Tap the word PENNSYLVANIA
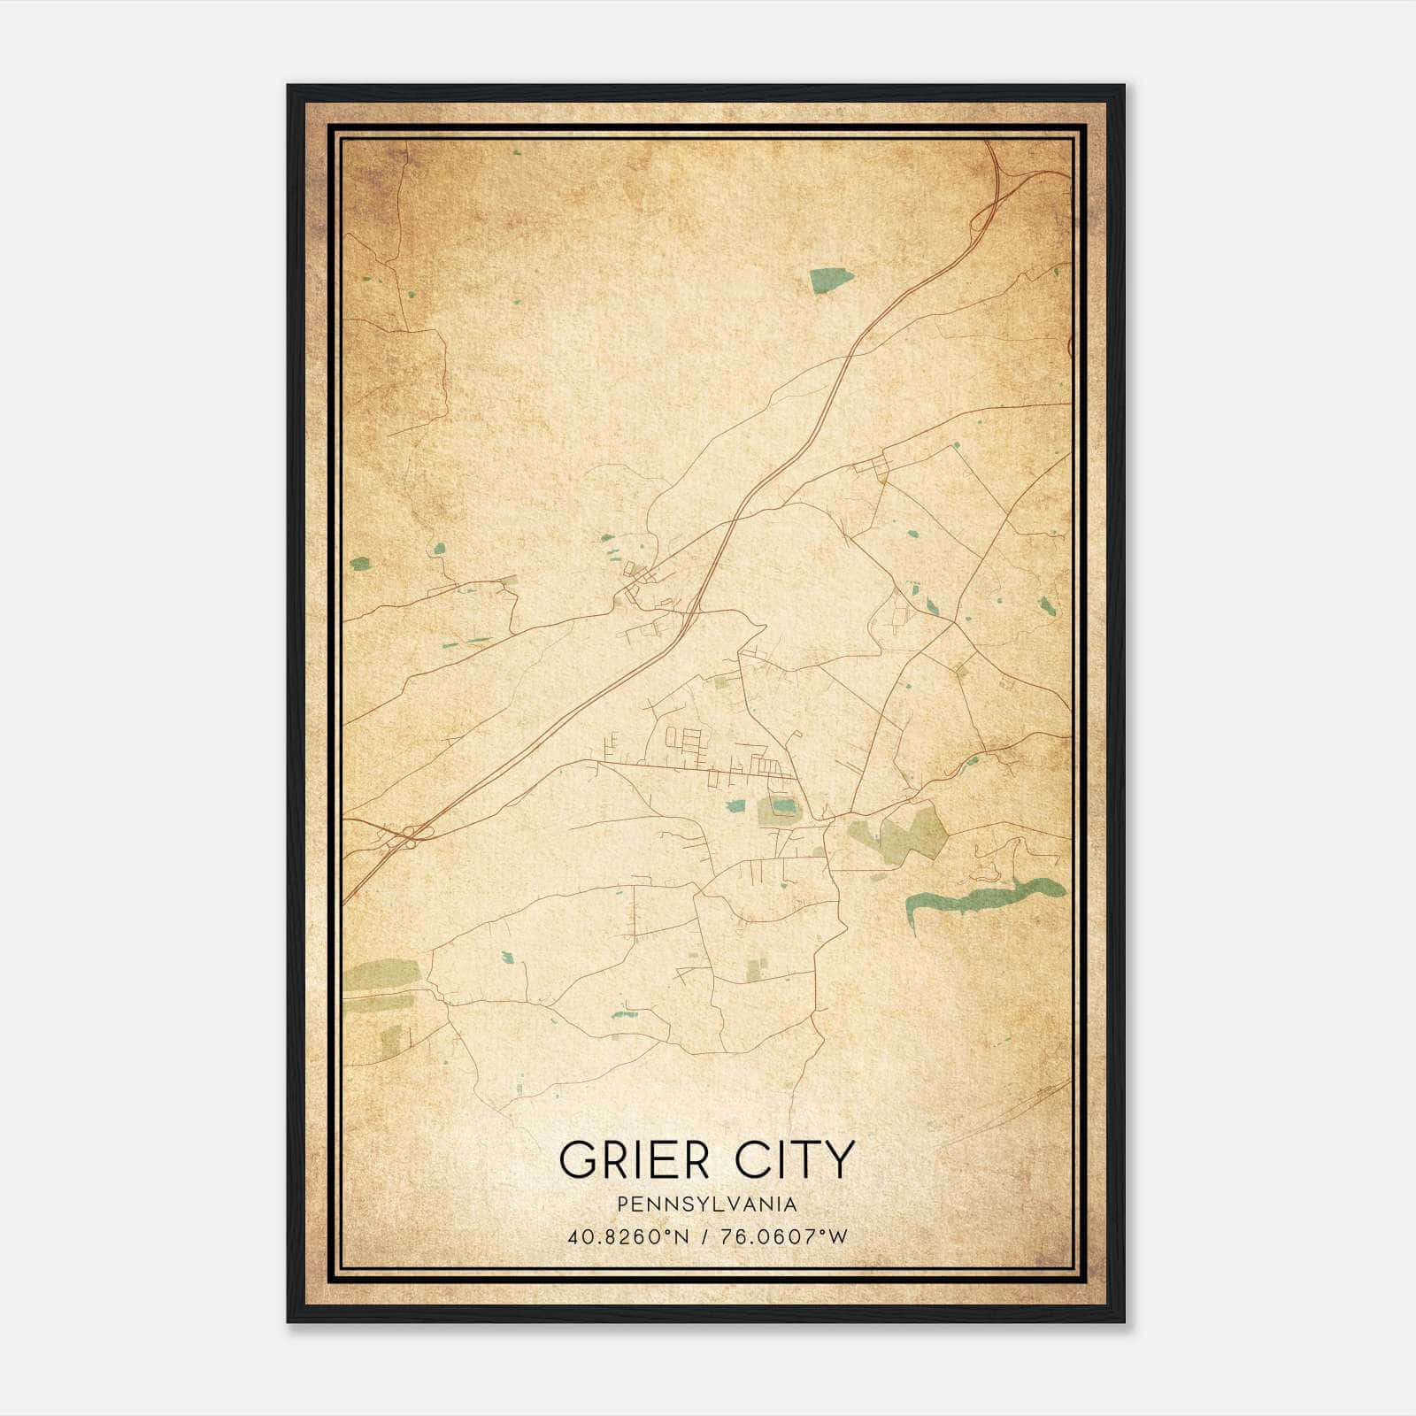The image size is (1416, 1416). pyautogui.click(x=707, y=1204)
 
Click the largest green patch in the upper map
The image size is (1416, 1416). pyautogui.click(x=831, y=280)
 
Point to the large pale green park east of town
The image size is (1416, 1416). pyautogui.click(x=912, y=833)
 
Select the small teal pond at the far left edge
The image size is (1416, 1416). pyautogui.click(x=359, y=563)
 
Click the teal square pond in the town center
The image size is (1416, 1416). pyautogui.click(x=735, y=806)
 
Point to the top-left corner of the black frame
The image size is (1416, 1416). pyautogui.click(x=289, y=86)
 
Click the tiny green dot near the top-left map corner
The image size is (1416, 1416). pyautogui.click(x=516, y=153)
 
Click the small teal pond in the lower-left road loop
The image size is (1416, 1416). pyautogui.click(x=507, y=958)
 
